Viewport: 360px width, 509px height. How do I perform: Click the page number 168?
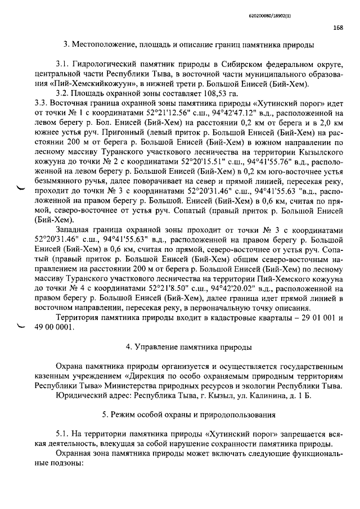click(337, 26)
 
